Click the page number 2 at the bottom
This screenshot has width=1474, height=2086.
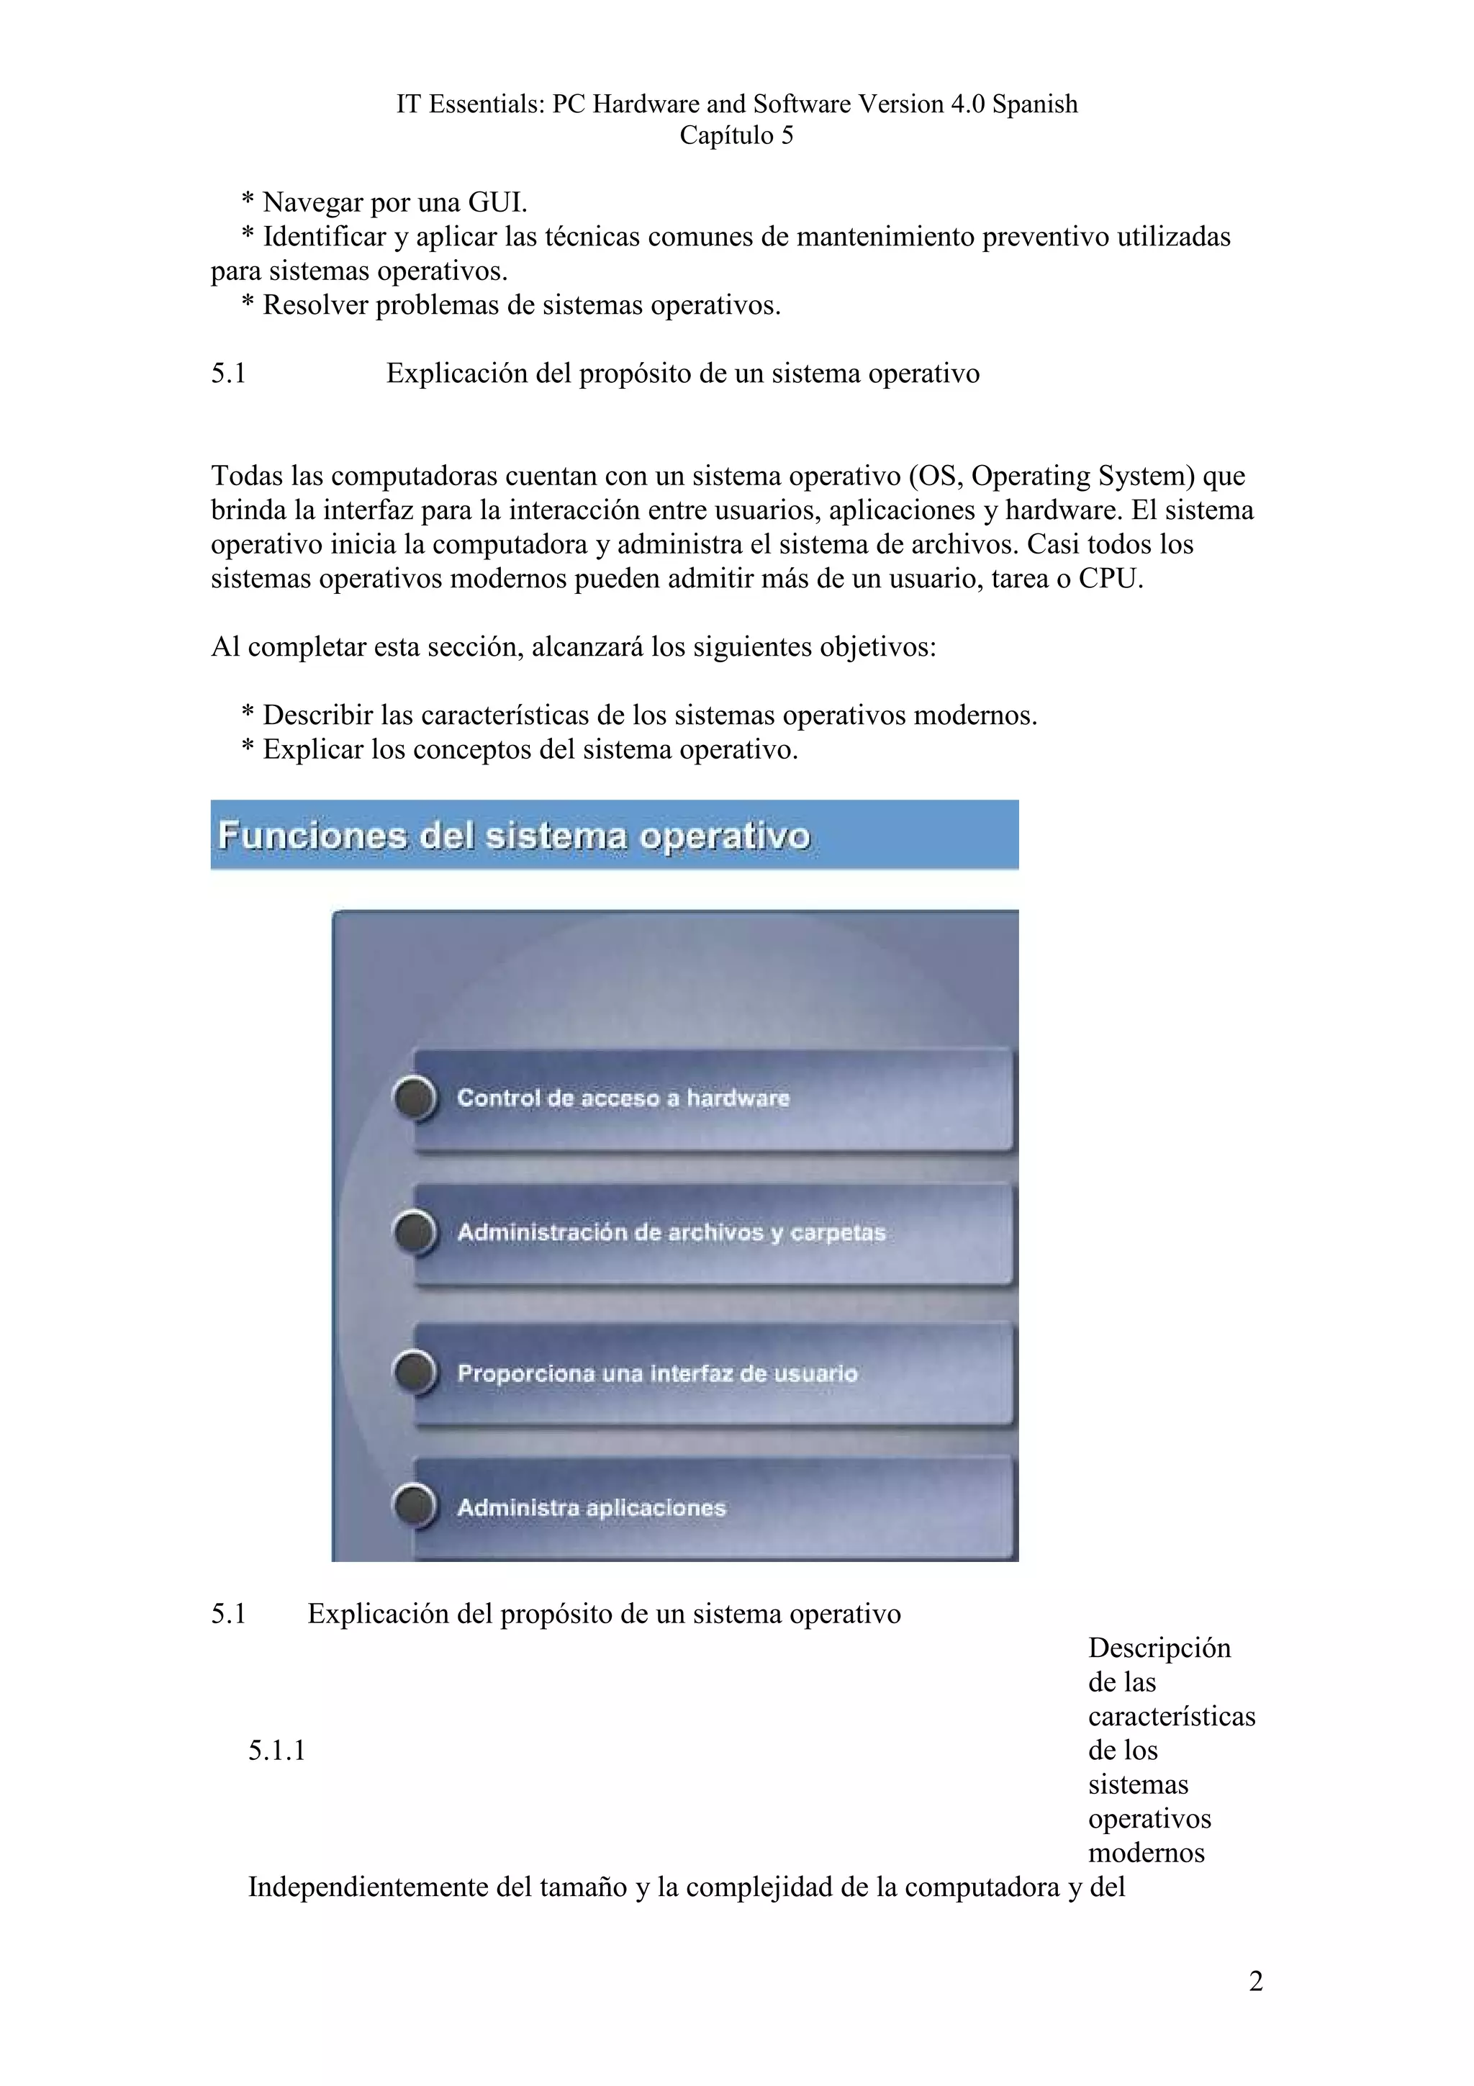coord(1255,1981)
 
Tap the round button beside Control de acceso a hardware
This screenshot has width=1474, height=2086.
coord(415,1098)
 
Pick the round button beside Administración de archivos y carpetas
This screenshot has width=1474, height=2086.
coord(415,1233)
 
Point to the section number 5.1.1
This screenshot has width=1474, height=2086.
coord(276,1751)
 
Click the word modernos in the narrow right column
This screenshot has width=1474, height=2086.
coord(1146,1853)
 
